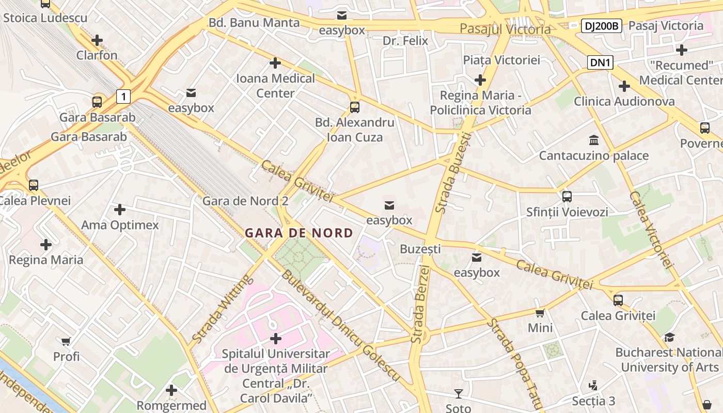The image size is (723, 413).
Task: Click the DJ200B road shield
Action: [x=601, y=26]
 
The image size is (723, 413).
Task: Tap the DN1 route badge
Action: [x=601, y=63]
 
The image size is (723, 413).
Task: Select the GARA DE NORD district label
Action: [x=298, y=233]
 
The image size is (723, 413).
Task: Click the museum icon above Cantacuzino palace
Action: [x=593, y=140]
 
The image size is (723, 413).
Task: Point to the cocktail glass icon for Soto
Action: [x=458, y=394]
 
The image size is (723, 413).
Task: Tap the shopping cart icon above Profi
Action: [x=66, y=341]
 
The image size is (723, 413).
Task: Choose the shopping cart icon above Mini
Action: [x=540, y=313]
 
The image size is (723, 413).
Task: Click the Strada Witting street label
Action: [x=222, y=309]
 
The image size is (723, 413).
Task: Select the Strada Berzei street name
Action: [x=421, y=305]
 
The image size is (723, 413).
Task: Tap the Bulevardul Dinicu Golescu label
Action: [x=340, y=326]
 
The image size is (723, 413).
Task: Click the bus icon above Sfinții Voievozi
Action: [x=567, y=196]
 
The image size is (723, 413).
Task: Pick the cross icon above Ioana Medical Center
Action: [x=275, y=63]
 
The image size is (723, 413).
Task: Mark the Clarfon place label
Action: [x=97, y=55]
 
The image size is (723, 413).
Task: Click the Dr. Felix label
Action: [x=405, y=40]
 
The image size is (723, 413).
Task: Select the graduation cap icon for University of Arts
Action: [x=669, y=337]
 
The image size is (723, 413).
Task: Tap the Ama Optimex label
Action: [x=120, y=225]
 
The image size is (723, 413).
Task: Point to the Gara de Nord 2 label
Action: [x=245, y=201]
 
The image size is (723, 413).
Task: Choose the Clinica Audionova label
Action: [x=624, y=101]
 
